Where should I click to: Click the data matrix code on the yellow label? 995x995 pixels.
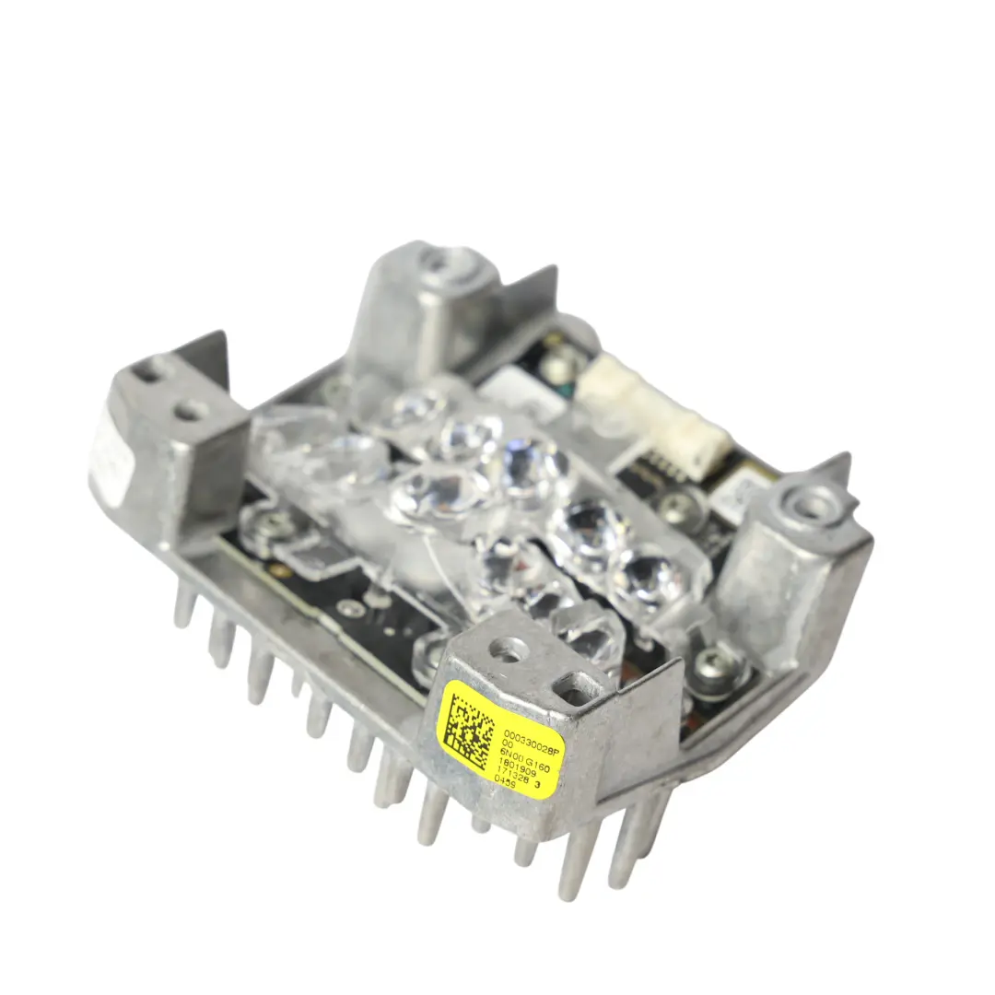(x=469, y=731)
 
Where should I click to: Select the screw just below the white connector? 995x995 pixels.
(x=680, y=503)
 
